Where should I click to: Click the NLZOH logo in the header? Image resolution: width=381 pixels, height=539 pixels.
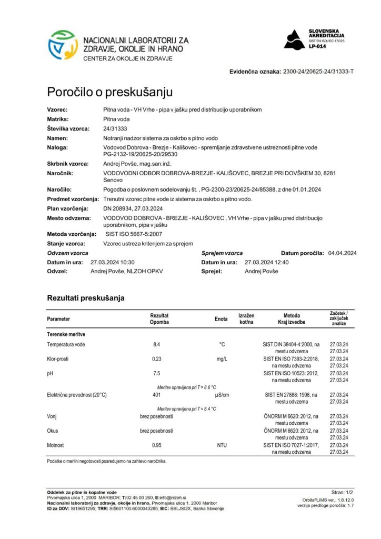pyautogui.click(x=63, y=45)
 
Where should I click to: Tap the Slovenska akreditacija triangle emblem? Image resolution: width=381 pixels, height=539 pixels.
pyautogui.click(x=294, y=39)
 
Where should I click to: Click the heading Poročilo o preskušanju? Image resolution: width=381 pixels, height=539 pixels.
pyautogui.click(x=109, y=92)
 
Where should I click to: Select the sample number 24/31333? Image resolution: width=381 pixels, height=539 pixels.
pyautogui.click(x=115, y=128)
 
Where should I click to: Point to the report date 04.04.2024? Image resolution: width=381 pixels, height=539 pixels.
pyautogui.click(x=342, y=253)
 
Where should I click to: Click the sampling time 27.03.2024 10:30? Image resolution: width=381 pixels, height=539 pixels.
pyautogui.click(x=113, y=262)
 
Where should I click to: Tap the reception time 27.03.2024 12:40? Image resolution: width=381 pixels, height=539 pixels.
pyautogui.click(x=267, y=262)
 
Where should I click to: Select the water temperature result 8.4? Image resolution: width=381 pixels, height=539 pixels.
pyautogui.click(x=156, y=344)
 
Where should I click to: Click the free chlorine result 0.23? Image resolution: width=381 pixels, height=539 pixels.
pyautogui.click(x=156, y=359)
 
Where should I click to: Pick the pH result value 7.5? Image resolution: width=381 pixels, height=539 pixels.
pyautogui.click(x=156, y=373)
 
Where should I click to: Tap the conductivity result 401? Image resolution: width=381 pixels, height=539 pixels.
pyautogui.click(x=156, y=395)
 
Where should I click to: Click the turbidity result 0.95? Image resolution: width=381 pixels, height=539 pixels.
pyautogui.click(x=156, y=445)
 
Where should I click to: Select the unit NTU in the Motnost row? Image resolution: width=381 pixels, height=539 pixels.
pyautogui.click(x=222, y=445)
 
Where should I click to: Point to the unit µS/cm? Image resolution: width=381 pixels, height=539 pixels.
pyautogui.click(x=222, y=395)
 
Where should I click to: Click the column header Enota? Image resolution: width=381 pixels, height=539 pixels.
pyautogui.click(x=221, y=319)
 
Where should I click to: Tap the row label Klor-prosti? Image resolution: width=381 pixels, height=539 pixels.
pyautogui.click(x=58, y=359)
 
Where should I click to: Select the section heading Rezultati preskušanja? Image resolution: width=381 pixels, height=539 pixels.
pyautogui.click(x=86, y=298)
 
